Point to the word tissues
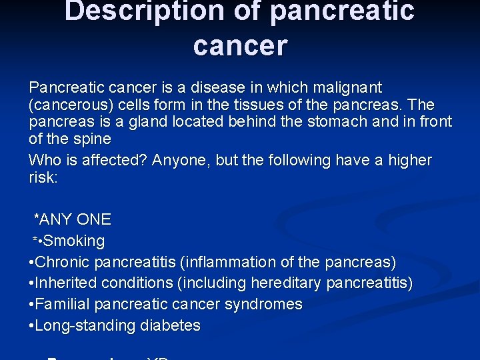(247, 105)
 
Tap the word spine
(92, 139)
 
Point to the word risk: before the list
(43, 177)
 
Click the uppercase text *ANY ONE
(73, 219)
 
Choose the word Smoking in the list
(74, 241)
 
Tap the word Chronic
(62, 262)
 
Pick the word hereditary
(287, 283)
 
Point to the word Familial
(62, 305)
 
